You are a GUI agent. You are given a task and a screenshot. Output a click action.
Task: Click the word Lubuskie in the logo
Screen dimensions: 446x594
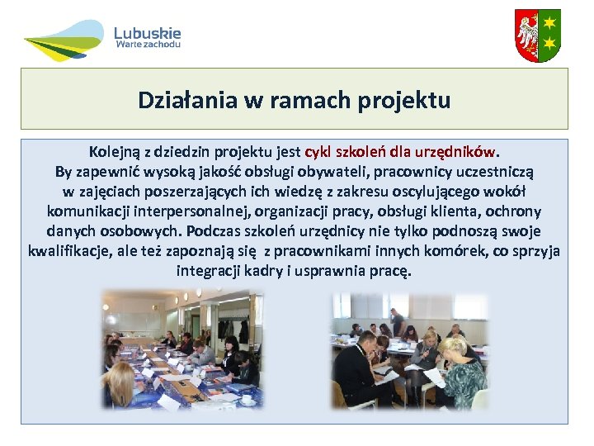coord(147,33)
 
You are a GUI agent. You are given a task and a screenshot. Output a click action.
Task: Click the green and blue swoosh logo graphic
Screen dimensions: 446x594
coord(64,40)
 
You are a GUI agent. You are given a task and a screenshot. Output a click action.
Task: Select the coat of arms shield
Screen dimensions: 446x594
coord(537,36)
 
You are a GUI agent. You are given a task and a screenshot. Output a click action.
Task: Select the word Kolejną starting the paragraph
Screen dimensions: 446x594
coord(117,153)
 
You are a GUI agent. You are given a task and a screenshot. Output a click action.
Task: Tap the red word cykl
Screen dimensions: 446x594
coord(318,153)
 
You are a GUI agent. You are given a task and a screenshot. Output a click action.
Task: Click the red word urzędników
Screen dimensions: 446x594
coord(458,153)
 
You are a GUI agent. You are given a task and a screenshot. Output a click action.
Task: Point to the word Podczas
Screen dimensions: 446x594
coord(215,232)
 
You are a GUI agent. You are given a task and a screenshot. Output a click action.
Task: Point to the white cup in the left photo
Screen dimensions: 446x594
coord(247,400)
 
